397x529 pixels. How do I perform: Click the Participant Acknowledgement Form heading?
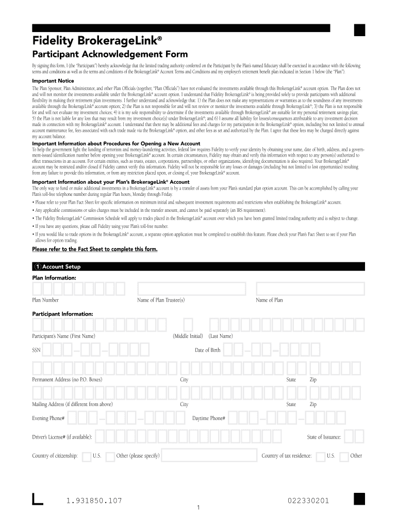(x=110, y=55)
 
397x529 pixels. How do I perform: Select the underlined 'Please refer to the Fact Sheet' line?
(x=94, y=249)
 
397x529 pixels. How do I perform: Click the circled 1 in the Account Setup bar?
(x=38, y=267)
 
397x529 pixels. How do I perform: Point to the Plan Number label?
(x=45, y=300)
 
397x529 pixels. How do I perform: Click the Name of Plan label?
(x=269, y=300)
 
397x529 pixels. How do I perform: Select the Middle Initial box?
(x=188, y=324)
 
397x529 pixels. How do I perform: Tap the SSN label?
(x=36, y=350)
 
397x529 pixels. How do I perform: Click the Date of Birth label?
(x=207, y=350)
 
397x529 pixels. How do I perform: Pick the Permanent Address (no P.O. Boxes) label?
(x=67, y=380)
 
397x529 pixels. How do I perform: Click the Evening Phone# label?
(x=48, y=418)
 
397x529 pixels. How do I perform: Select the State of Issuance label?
(x=324, y=437)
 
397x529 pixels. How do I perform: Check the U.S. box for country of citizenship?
(x=87, y=456)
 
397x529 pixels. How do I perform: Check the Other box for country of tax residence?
(x=344, y=456)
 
